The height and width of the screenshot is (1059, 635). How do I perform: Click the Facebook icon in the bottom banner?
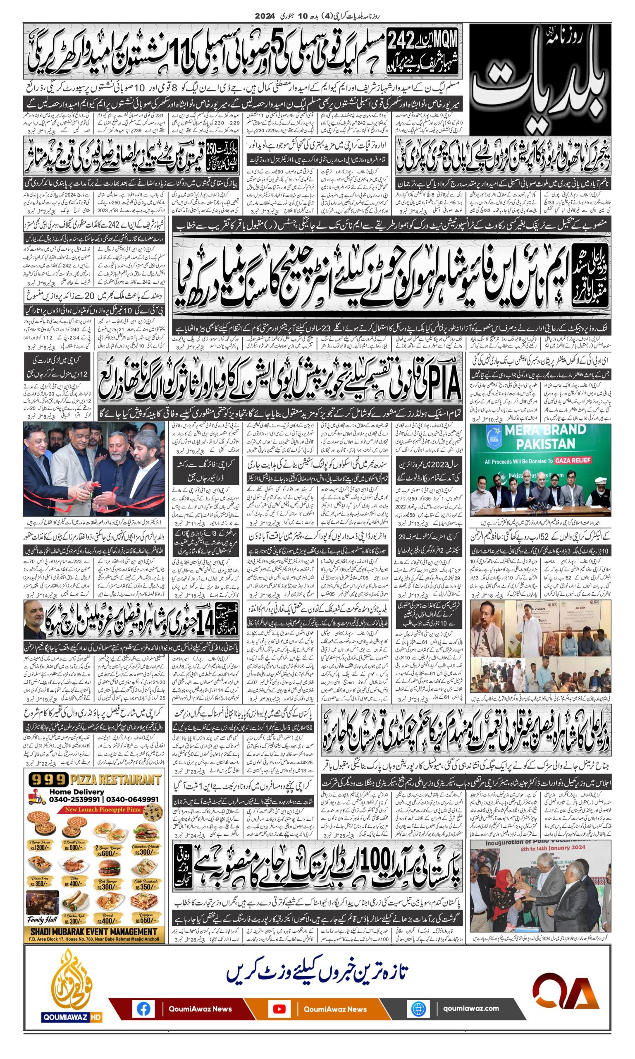(143, 1009)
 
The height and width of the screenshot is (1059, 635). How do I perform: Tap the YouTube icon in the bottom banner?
(279, 1009)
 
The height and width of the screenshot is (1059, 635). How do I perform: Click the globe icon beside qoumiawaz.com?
(417, 1009)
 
